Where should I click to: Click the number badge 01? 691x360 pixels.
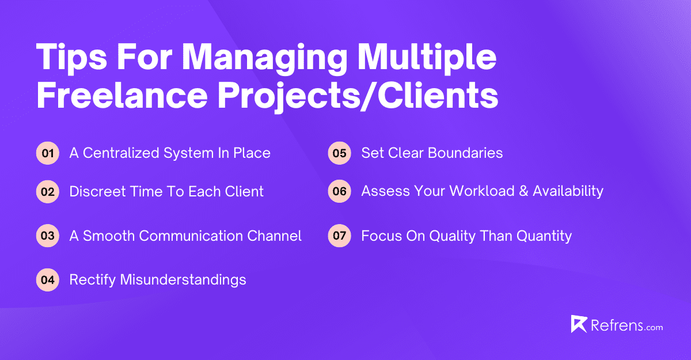(x=48, y=153)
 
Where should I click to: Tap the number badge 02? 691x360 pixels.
(x=48, y=192)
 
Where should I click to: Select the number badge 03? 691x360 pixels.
(x=48, y=236)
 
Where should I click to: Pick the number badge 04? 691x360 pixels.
(x=48, y=280)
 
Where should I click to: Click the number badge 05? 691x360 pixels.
(x=339, y=153)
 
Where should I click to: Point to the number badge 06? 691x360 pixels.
(x=339, y=192)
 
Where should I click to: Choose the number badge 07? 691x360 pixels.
(x=339, y=236)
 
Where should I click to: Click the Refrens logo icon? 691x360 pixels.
(x=579, y=324)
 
